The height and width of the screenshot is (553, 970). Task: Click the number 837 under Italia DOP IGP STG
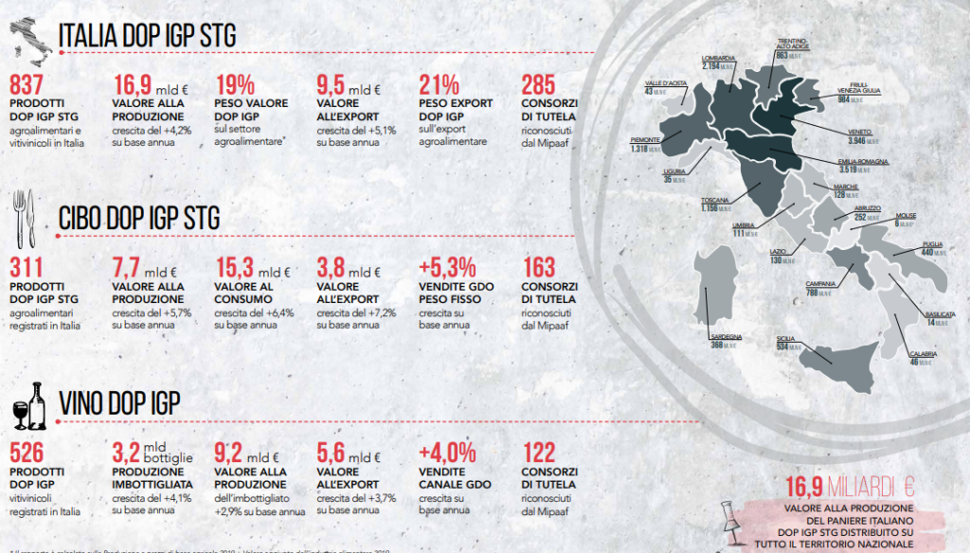[x=27, y=84]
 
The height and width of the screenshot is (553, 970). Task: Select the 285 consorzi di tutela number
[x=539, y=84]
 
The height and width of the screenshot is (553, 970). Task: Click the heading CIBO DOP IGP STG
[x=138, y=219]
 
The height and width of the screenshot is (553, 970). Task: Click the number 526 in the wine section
[x=27, y=453]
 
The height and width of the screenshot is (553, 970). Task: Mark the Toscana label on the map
[x=715, y=200]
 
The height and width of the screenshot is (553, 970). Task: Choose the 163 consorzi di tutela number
[x=539, y=267]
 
